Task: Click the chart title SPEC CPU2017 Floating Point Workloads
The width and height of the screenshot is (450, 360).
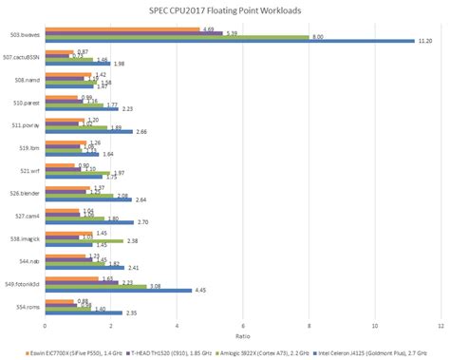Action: coord(224,10)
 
